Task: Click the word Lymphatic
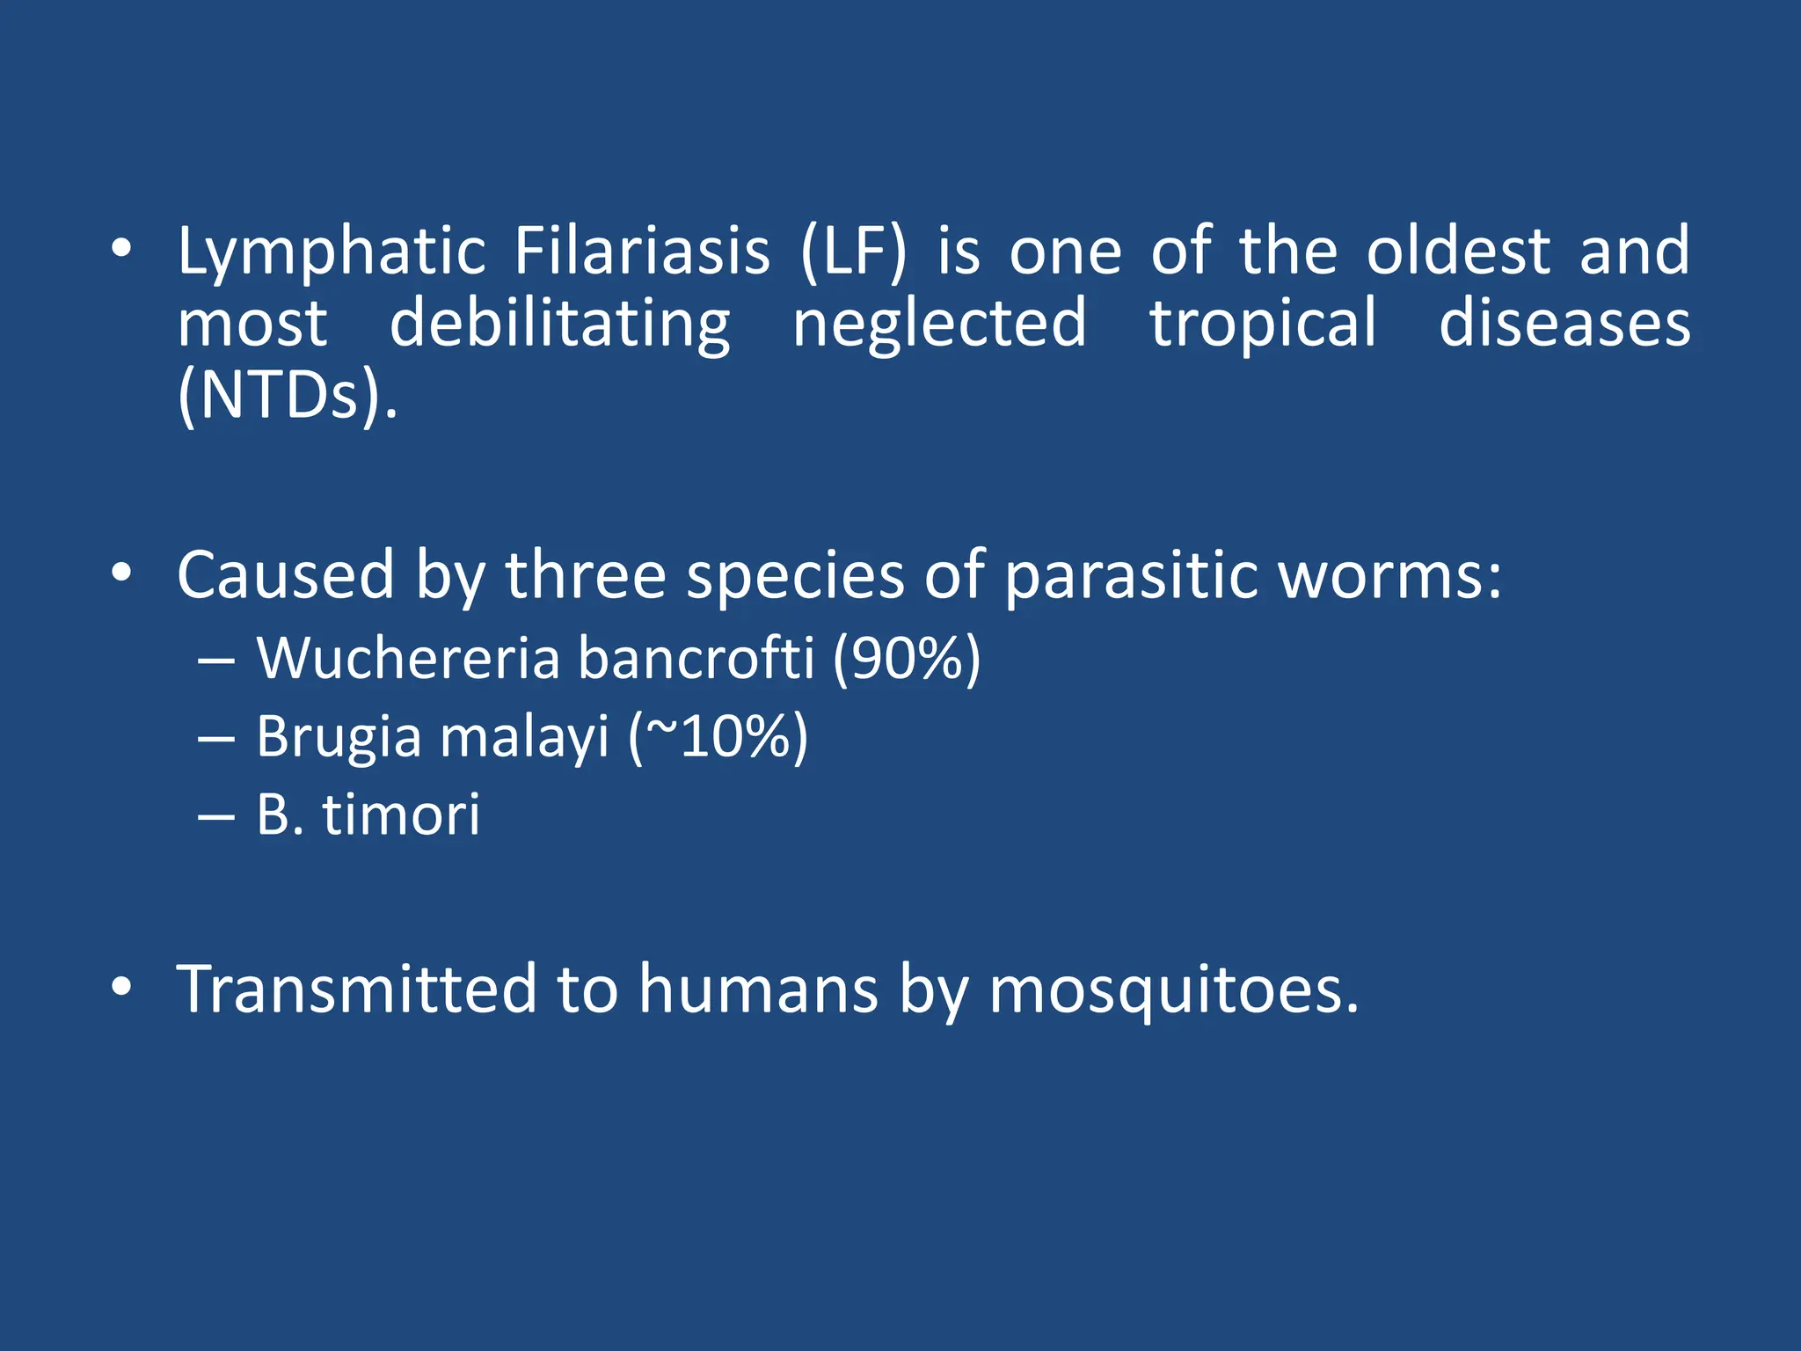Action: click(x=332, y=253)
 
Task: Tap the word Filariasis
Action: click(x=642, y=252)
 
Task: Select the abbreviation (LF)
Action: click(x=853, y=253)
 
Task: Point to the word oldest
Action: click(x=1458, y=252)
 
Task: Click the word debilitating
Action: click(x=559, y=325)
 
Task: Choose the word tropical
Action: click(x=1263, y=325)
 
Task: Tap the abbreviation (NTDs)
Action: click(x=287, y=398)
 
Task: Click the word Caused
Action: click(x=286, y=575)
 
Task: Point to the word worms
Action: click(x=1389, y=577)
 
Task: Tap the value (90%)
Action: click(x=906, y=660)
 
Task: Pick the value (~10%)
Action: click(x=718, y=737)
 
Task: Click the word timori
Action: click(x=402, y=814)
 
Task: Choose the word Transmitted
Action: click(x=356, y=990)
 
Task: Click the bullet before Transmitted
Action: click(x=121, y=988)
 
